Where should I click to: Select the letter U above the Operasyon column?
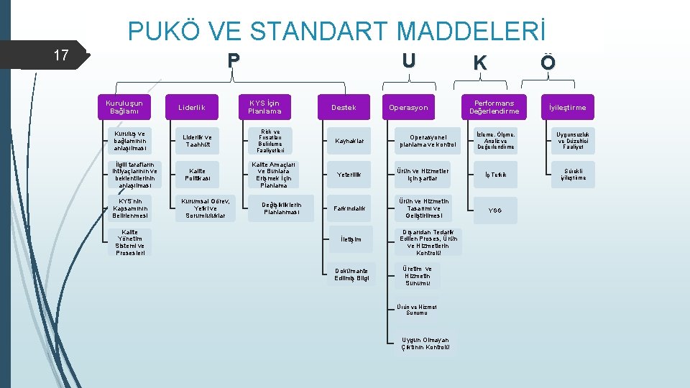point(409,60)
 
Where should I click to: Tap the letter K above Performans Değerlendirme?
point(479,63)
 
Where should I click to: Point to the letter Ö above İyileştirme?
point(548,63)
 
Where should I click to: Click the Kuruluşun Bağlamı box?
point(124,107)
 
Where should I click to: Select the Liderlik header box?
point(192,108)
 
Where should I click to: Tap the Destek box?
point(344,108)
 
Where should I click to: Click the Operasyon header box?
point(408,108)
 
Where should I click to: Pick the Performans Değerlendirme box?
point(494,107)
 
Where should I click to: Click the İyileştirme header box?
point(568,108)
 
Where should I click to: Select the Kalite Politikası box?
point(197,175)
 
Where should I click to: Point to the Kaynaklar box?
point(349,141)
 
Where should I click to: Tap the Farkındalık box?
point(349,208)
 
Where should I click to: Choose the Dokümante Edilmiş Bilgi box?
point(352,275)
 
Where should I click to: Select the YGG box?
point(495,211)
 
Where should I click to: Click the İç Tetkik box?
point(495,175)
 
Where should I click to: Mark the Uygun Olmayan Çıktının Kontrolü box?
point(426,343)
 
